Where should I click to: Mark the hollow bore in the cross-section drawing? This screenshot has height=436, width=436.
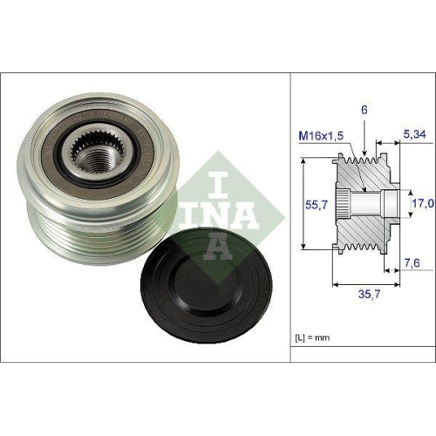tap(371, 205)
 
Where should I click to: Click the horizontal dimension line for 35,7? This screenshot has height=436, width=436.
tap(365, 284)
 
